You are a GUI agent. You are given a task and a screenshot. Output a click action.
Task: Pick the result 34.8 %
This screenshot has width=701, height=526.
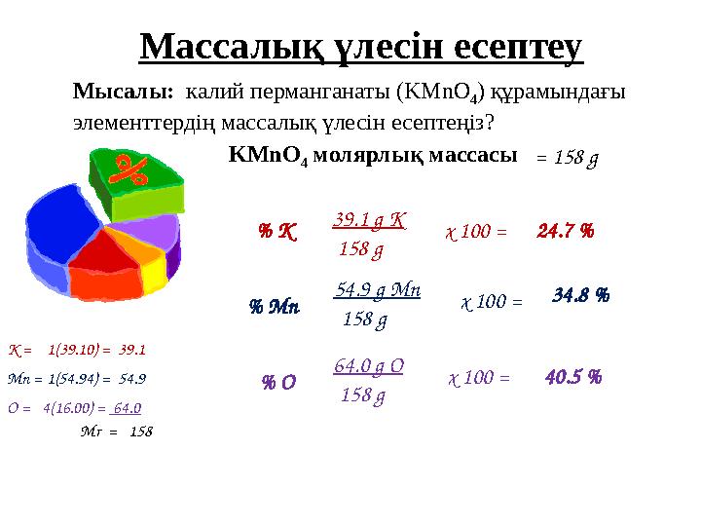[x=580, y=294]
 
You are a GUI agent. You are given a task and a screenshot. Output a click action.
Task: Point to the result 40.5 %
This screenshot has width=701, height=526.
[x=572, y=376]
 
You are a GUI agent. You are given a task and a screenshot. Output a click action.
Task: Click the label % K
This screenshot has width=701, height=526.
[x=277, y=233]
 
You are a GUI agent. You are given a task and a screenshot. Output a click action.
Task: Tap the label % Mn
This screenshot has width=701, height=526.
[x=274, y=307]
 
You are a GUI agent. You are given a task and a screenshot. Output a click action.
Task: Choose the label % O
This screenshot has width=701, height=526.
[x=278, y=383]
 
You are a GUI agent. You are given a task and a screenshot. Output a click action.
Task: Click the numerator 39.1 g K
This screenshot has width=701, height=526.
[x=369, y=221]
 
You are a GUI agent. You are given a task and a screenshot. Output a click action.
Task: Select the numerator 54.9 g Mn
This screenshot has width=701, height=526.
[x=377, y=290]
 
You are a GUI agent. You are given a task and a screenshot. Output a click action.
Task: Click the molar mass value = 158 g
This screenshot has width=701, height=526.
[x=568, y=158]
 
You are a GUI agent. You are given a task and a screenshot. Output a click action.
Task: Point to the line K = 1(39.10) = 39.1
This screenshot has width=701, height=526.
[x=77, y=348]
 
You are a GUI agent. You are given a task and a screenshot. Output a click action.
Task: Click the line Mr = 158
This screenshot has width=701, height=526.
[x=116, y=431]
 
